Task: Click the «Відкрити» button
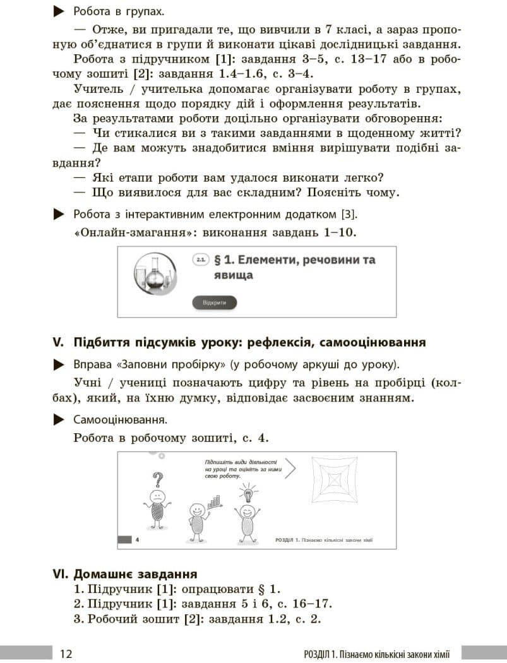click(214, 303)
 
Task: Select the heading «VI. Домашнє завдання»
click(125, 574)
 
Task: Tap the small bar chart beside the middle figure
click(215, 502)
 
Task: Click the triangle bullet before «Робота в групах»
click(59, 11)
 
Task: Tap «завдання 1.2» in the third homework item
click(244, 619)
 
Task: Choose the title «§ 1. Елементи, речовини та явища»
click(295, 267)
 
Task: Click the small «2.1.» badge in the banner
click(201, 260)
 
